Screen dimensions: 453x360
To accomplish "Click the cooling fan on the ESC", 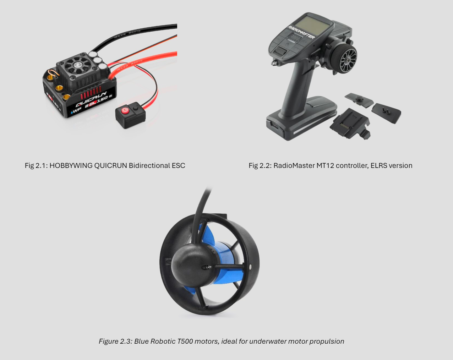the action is pyautogui.click(x=78, y=64).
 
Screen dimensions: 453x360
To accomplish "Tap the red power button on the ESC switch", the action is pyautogui.click(x=125, y=110).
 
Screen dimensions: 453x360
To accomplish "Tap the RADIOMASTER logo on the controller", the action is pyautogui.click(x=301, y=32).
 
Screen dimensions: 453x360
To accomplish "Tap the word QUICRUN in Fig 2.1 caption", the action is pyautogui.click(x=110, y=166).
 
